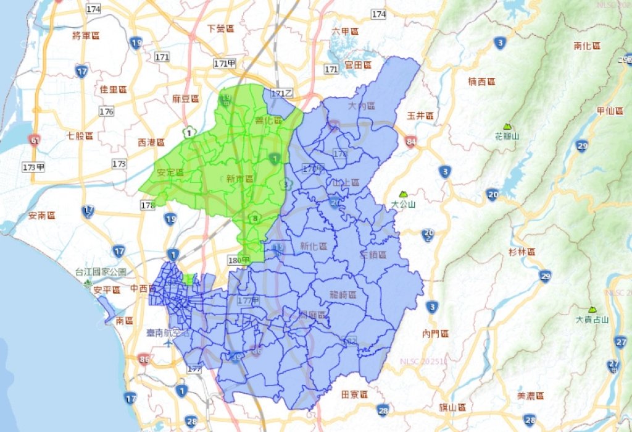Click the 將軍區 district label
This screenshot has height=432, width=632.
(86, 35)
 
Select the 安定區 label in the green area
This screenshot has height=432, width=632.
(170, 172)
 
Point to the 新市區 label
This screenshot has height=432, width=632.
(239, 179)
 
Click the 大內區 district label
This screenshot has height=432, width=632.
(362, 106)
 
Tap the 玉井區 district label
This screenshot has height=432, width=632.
(420, 116)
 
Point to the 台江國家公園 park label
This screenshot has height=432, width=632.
(101, 272)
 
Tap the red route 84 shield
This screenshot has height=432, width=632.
(411, 142)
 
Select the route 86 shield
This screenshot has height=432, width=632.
(144, 358)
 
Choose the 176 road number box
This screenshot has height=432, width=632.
(107, 111)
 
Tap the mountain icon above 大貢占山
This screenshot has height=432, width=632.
(592, 309)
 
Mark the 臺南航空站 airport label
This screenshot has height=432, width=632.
(167, 332)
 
